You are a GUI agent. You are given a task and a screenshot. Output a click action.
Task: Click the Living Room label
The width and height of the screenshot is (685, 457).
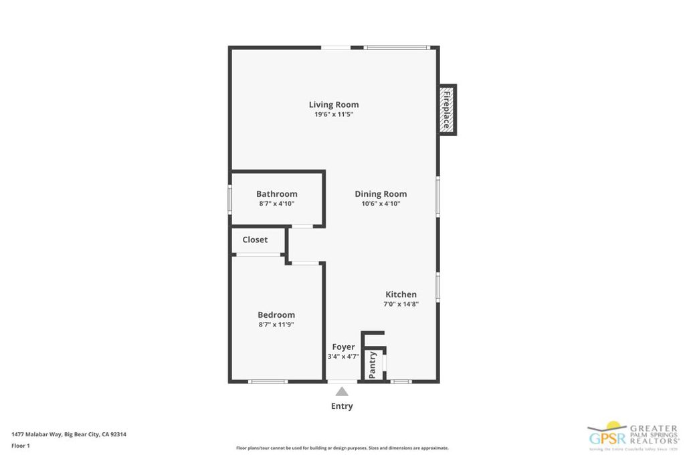(x=333, y=104)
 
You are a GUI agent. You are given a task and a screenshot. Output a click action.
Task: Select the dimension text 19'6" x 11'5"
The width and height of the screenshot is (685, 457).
(x=333, y=114)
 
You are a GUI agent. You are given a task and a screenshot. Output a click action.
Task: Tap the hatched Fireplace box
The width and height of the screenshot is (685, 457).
(x=447, y=110)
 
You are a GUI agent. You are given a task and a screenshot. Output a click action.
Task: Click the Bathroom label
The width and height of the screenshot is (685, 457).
(x=276, y=194)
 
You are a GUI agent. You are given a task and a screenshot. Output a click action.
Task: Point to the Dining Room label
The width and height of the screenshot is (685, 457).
(x=381, y=194)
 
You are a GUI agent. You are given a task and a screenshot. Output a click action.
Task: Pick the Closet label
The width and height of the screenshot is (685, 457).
(x=255, y=240)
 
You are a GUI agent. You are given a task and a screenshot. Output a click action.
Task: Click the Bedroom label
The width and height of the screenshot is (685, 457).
(x=276, y=314)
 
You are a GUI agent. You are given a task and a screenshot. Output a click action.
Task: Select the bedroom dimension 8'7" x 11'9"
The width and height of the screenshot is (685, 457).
(x=276, y=325)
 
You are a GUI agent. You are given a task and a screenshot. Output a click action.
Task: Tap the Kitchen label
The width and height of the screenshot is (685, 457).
(x=401, y=294)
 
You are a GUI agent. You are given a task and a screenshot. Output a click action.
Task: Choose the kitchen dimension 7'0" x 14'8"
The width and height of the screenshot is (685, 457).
(x=401, y=304)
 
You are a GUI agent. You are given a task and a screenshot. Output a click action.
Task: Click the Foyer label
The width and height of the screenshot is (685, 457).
(x=343, y=347)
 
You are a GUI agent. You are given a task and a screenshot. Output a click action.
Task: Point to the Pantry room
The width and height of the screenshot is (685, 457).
(x=373, y=365)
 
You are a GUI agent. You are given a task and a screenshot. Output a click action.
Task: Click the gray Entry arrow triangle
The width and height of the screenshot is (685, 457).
(x=342, y=392)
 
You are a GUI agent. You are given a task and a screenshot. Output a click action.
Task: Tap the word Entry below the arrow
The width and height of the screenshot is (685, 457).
(x=342, y=406)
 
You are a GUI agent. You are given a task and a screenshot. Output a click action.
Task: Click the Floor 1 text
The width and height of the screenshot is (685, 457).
(x=21, y=445)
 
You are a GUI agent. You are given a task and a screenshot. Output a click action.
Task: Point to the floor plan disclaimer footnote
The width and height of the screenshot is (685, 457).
(x=342, y=448)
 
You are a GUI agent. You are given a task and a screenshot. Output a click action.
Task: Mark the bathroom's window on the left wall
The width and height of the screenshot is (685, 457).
(x=229, y=199)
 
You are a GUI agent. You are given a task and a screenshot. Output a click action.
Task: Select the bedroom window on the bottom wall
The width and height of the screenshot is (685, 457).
(x=268, y=381)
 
